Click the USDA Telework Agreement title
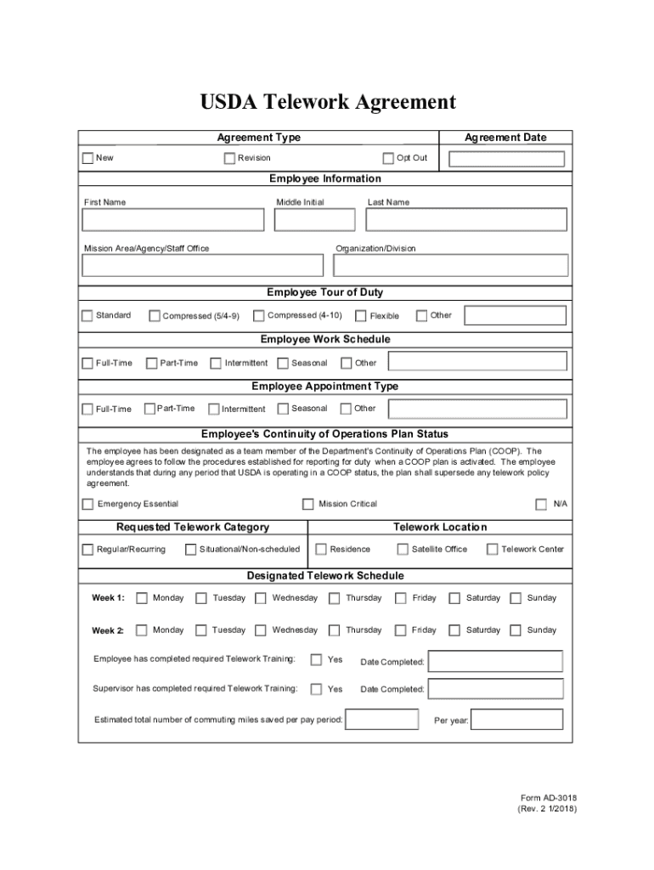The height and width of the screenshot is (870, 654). tap(328, 103)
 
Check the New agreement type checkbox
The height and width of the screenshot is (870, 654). tap(87, 158)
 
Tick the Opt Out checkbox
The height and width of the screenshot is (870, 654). tap(388, 158)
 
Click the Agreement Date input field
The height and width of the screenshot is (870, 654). tap(506, 159)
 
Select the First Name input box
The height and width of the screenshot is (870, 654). tap(173, 220)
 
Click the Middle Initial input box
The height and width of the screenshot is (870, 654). tap(315, 220)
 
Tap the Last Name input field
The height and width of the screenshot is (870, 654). tap(465, 220)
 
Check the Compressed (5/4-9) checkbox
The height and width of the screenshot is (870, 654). tap(155, 316)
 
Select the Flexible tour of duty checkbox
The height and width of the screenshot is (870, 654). tap(361, 316)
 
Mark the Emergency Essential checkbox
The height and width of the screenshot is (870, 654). tap(87, 504)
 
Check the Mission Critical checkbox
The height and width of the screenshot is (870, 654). tap(308, 504)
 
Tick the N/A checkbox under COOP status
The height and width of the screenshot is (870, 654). tap(541, 504)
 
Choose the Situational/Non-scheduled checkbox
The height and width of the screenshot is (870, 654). tap(190, 550)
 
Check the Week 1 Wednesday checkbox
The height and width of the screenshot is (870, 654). tap(262, 598)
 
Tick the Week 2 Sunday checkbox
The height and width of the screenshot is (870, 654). tap(516, 630)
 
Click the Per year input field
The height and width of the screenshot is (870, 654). tap(517, 720)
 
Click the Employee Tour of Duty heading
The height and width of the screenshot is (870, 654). tap(324, 292)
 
